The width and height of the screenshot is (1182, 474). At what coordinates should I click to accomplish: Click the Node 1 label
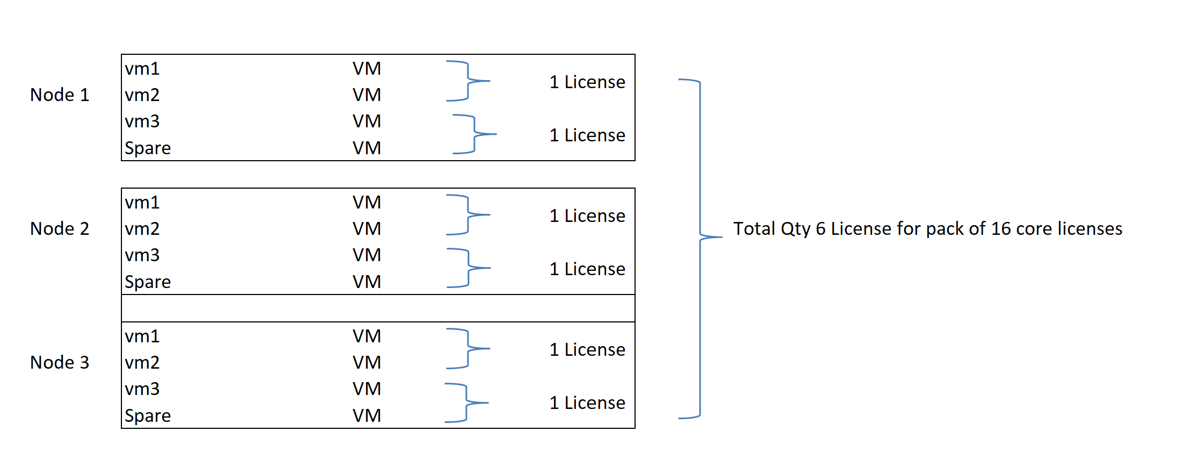point(60,95)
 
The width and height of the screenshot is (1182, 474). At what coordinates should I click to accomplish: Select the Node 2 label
point(60,229)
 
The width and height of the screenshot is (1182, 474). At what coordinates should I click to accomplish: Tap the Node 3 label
point(60,363)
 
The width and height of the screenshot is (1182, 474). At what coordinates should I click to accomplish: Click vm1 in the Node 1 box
point(142,69)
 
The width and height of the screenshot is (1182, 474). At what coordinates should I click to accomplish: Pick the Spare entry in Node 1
point(148,148)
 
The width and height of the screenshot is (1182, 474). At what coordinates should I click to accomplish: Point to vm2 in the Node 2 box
point(142,229)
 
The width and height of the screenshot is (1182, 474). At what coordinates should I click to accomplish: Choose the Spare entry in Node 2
point(148,282)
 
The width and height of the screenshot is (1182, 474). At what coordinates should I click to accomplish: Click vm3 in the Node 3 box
point(142,389)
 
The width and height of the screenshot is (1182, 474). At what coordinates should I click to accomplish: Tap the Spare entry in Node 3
point(148,415)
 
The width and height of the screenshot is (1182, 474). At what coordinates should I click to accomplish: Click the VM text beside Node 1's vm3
point(367,121)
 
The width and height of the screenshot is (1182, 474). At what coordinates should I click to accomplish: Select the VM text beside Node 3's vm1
point(367,336)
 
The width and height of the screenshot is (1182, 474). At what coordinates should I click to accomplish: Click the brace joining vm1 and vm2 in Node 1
point(469,81)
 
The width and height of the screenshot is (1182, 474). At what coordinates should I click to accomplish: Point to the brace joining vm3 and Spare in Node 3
point(467,403)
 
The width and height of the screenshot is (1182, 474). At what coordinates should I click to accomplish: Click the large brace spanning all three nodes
point(700,236)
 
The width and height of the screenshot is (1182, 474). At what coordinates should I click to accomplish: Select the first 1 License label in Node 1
point(587,82)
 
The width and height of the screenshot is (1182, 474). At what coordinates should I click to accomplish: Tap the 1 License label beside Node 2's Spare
point(587,269)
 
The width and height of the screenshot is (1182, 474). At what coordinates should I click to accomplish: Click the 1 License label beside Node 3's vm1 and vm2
point(587,350)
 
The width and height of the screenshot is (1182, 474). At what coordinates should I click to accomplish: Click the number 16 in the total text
point(1001,229)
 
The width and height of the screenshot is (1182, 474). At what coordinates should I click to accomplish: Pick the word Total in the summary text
point(755,229)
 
